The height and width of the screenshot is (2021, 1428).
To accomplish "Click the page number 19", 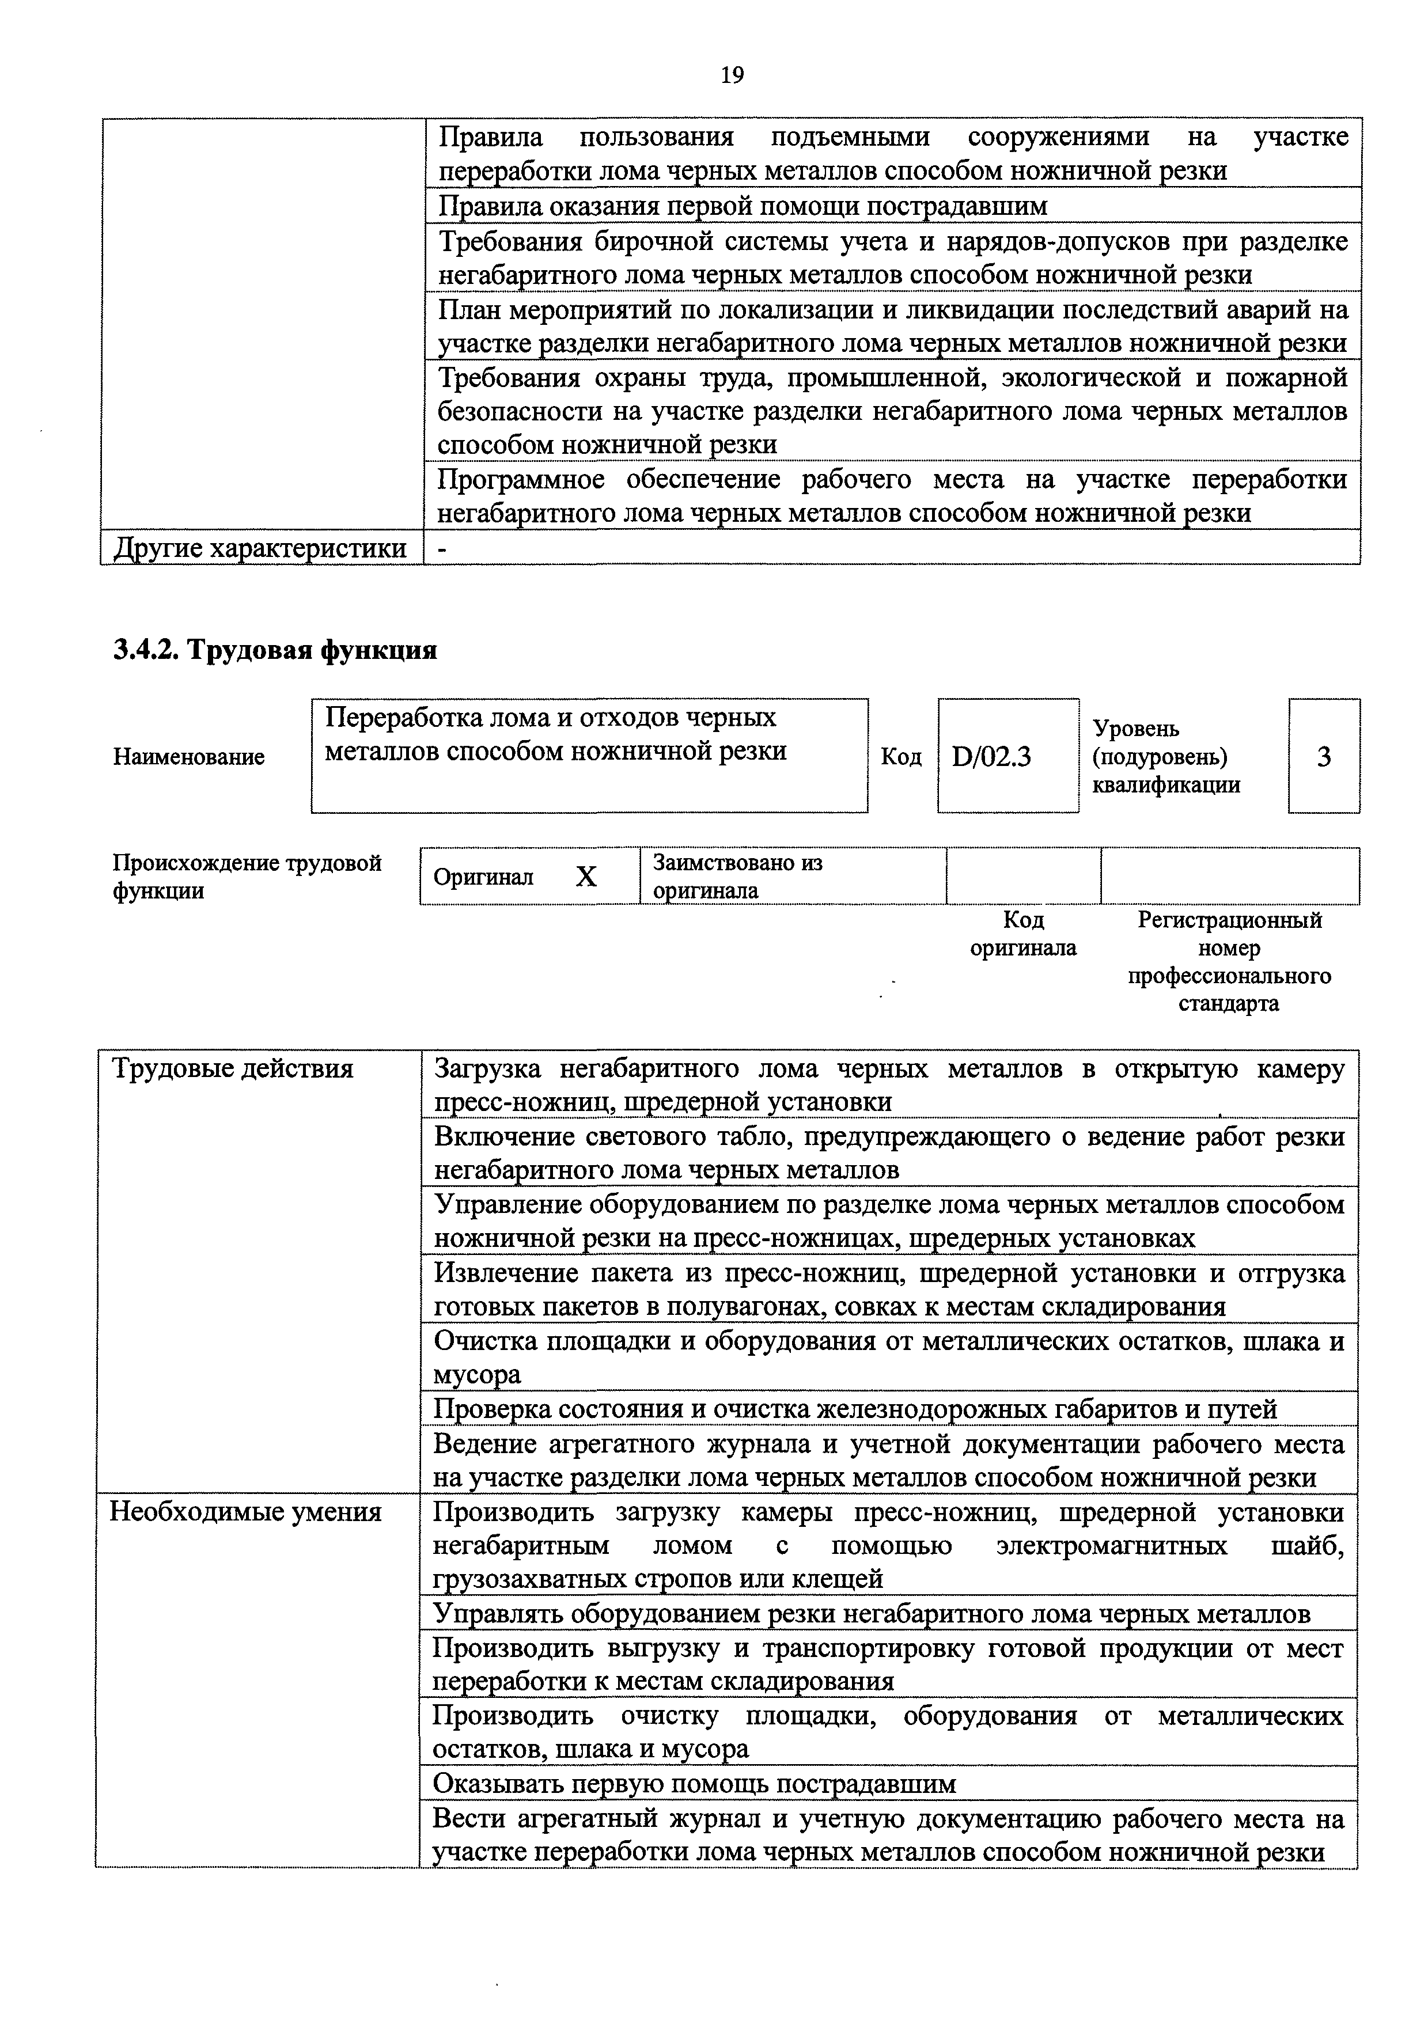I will point(732,75).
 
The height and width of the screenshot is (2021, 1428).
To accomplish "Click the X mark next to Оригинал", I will point(586,877).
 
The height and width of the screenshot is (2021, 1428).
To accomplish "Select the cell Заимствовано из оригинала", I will point(738,877).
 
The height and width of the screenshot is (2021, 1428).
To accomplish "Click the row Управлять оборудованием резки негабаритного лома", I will point(872,1613).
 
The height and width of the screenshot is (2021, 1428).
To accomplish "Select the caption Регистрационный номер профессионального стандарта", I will point(1229,962).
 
